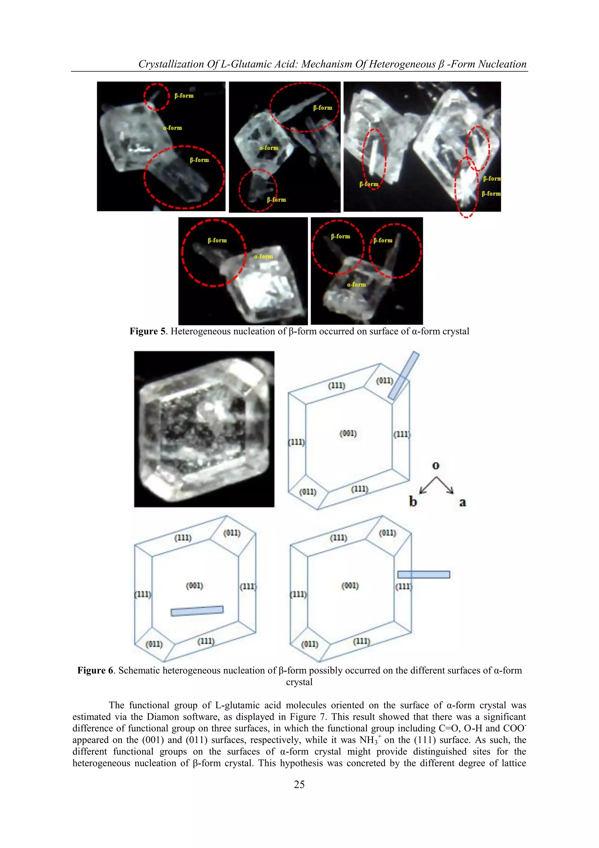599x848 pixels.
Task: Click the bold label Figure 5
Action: (147, 331)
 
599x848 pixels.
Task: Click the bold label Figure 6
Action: (95, 670)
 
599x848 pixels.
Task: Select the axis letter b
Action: (413, 501)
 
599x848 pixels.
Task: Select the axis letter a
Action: (462, 502)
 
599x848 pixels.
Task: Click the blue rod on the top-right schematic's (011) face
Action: (403, 376)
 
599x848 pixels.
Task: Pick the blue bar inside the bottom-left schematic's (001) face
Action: (197, 611)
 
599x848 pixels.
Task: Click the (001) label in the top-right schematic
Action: (348, 433)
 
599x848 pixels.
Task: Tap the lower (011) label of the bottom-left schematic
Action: (154, 644)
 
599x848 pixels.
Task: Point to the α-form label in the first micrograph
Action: (172, 128)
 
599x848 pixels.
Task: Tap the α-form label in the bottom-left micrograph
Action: (263, 256)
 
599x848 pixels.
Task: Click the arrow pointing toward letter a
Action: (445, 485)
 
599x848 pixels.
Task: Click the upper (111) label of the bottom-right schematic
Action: (338, 538)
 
